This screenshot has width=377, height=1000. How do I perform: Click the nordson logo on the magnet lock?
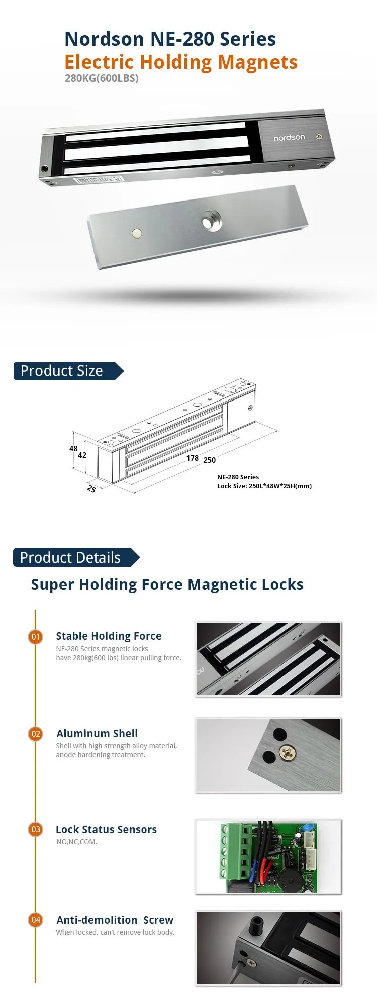[289, 138]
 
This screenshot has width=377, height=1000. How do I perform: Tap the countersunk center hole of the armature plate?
[212, 222]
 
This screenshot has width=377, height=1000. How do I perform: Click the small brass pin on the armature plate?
[136, 233]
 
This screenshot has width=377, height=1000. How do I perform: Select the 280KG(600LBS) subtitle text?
[102, 78]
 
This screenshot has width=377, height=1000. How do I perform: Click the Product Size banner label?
[62, 371]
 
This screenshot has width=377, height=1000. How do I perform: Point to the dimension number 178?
[193, 458]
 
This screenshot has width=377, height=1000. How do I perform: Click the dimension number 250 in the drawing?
[210, 460]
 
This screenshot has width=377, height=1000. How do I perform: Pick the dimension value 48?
[74, 449]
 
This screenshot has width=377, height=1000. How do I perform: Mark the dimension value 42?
[82, 455]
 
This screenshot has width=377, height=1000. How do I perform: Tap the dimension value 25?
[91, 489]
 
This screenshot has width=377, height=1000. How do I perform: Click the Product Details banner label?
[70, 558]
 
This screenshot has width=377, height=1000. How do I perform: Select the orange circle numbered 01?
[36, 637]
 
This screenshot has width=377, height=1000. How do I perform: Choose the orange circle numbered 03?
[36, 829]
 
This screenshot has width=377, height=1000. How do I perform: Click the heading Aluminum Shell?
[97, 734]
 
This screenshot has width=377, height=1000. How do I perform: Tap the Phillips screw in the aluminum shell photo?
[287, 753]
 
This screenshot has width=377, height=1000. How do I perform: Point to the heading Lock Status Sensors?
[106, 830]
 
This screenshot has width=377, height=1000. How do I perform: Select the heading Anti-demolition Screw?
[115, 920]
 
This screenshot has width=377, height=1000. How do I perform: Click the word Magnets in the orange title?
[258, 62]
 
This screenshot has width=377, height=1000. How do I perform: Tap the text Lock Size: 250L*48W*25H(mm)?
[264, 486]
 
